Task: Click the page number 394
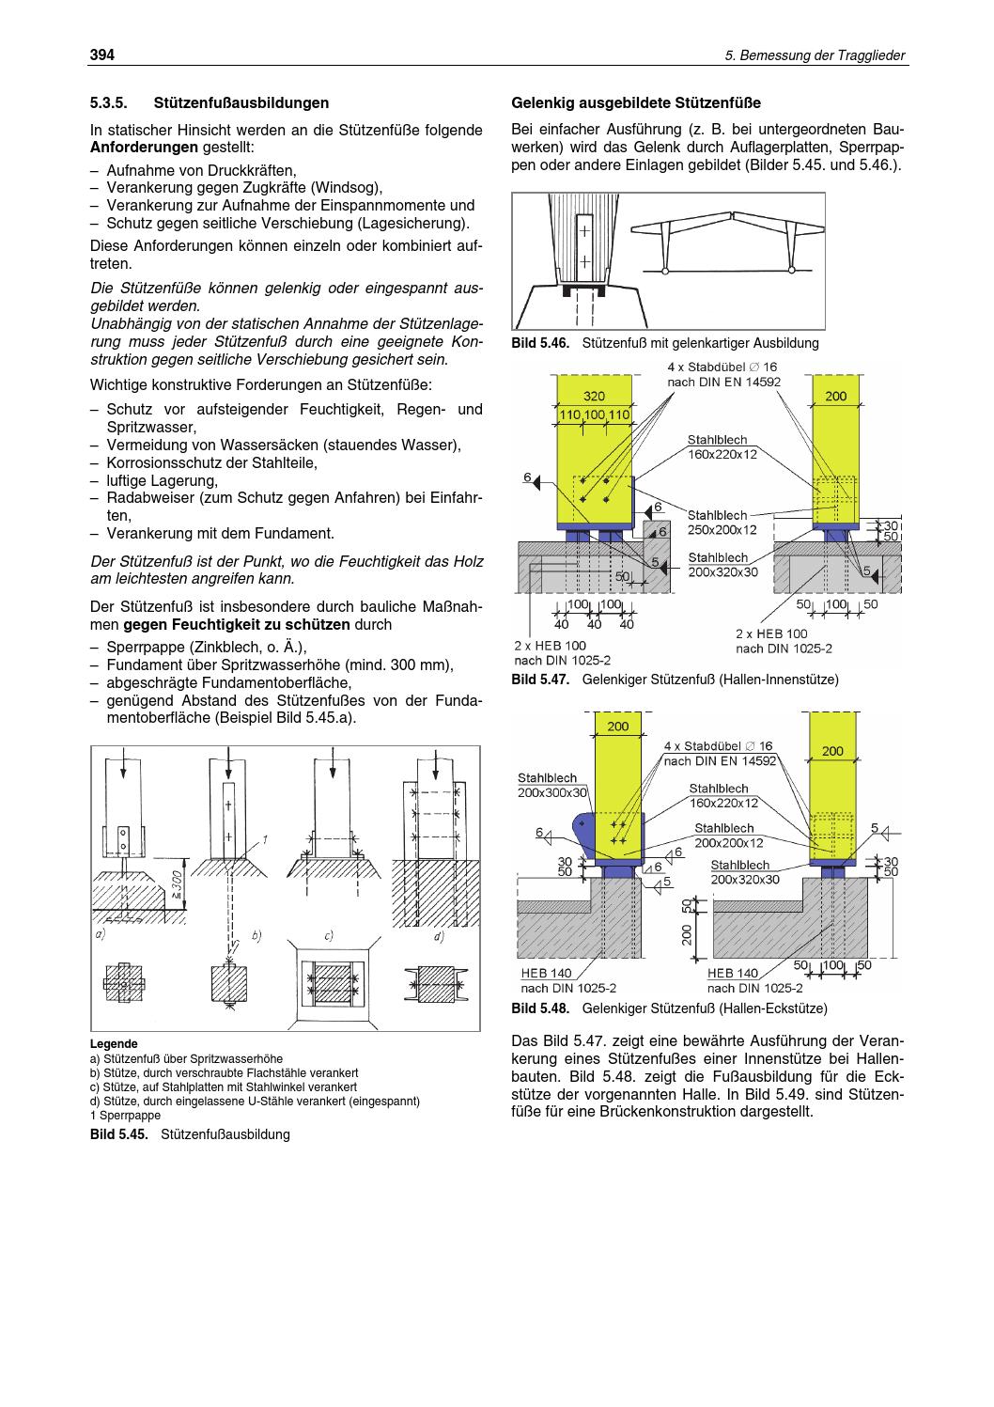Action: (101, 55)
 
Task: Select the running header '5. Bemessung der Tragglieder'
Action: (815, 56)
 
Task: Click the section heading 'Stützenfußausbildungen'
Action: (241, 102)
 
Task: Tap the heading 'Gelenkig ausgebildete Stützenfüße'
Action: (635, 102)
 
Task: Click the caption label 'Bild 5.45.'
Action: (120, 1134)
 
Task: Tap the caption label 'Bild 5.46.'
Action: (540, 343)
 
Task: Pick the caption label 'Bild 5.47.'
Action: (540, 679)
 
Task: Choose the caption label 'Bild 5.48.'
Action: (540, 1008)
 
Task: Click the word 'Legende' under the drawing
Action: (114, 1043)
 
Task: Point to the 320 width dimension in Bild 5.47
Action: (594, 396)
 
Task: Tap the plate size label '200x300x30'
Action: (551, 792)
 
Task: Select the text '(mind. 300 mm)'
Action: (406, 665)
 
